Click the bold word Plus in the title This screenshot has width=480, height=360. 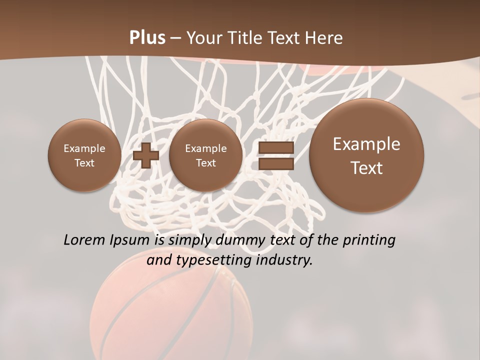147,38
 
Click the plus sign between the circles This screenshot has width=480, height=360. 146,155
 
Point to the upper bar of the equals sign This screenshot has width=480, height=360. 275,147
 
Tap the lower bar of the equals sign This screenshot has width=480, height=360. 275,164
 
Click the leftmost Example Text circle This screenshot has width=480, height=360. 84,155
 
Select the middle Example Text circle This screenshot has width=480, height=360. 205,155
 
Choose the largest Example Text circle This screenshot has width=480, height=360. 366,155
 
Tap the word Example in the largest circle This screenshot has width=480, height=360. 366,144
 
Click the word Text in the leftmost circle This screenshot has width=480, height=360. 84,163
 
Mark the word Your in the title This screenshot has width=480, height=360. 205,38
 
